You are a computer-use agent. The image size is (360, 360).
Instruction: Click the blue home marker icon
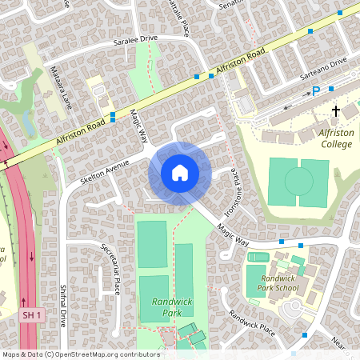(179, 173)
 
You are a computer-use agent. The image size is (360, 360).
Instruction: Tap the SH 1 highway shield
(30, 316)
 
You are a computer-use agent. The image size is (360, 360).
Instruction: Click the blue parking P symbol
(316, 91)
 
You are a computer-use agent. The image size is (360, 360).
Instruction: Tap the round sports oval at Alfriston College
(298, 182)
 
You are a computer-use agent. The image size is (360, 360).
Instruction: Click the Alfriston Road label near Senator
(245, 57)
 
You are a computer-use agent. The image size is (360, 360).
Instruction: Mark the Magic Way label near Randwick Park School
(232, 234)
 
